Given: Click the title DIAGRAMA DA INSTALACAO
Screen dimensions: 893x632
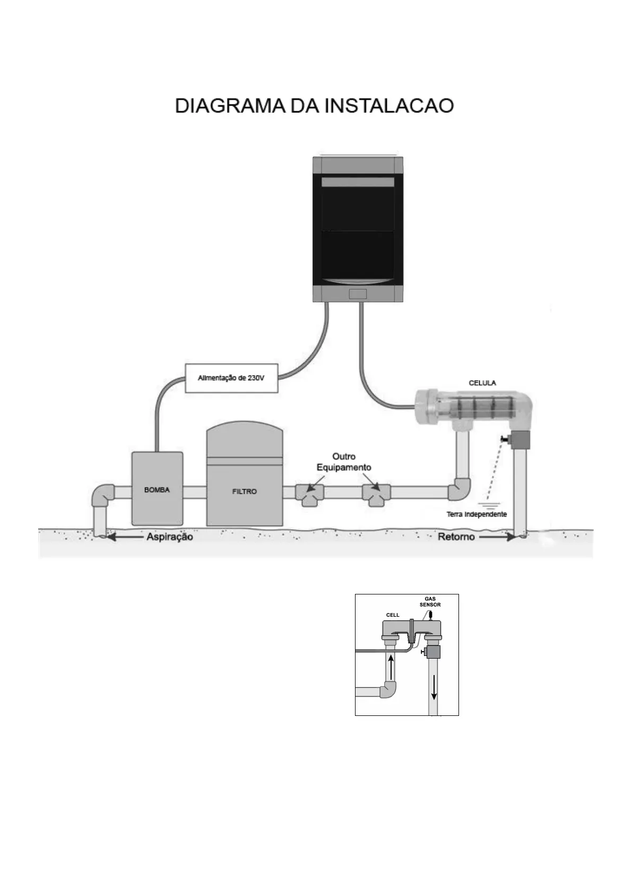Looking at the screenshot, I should click(314, 106).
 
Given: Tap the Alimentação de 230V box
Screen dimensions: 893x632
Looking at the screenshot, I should click(231, 378).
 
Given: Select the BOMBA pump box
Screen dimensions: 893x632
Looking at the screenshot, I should click(157, 489).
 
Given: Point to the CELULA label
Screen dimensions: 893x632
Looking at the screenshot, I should click(482, 382).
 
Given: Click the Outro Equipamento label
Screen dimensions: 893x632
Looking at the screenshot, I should click(344, 462).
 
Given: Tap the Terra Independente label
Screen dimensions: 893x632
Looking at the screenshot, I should click(477, 514).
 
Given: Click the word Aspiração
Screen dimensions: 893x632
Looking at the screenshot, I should click(170, 537).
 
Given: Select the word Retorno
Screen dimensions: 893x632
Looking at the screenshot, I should click(456, 537).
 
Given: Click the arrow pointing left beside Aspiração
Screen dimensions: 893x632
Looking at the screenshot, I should click(125, 537).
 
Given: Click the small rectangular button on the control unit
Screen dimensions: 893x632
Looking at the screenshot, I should click(358, 294).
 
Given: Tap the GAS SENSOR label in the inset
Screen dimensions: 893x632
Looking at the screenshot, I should click(430, 601).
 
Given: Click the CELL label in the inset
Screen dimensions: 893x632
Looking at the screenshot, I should click(393, 615).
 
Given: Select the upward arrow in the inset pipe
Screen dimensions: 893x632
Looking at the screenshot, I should click(391, 667).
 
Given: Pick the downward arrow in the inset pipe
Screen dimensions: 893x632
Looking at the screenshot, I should click(434, 688).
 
